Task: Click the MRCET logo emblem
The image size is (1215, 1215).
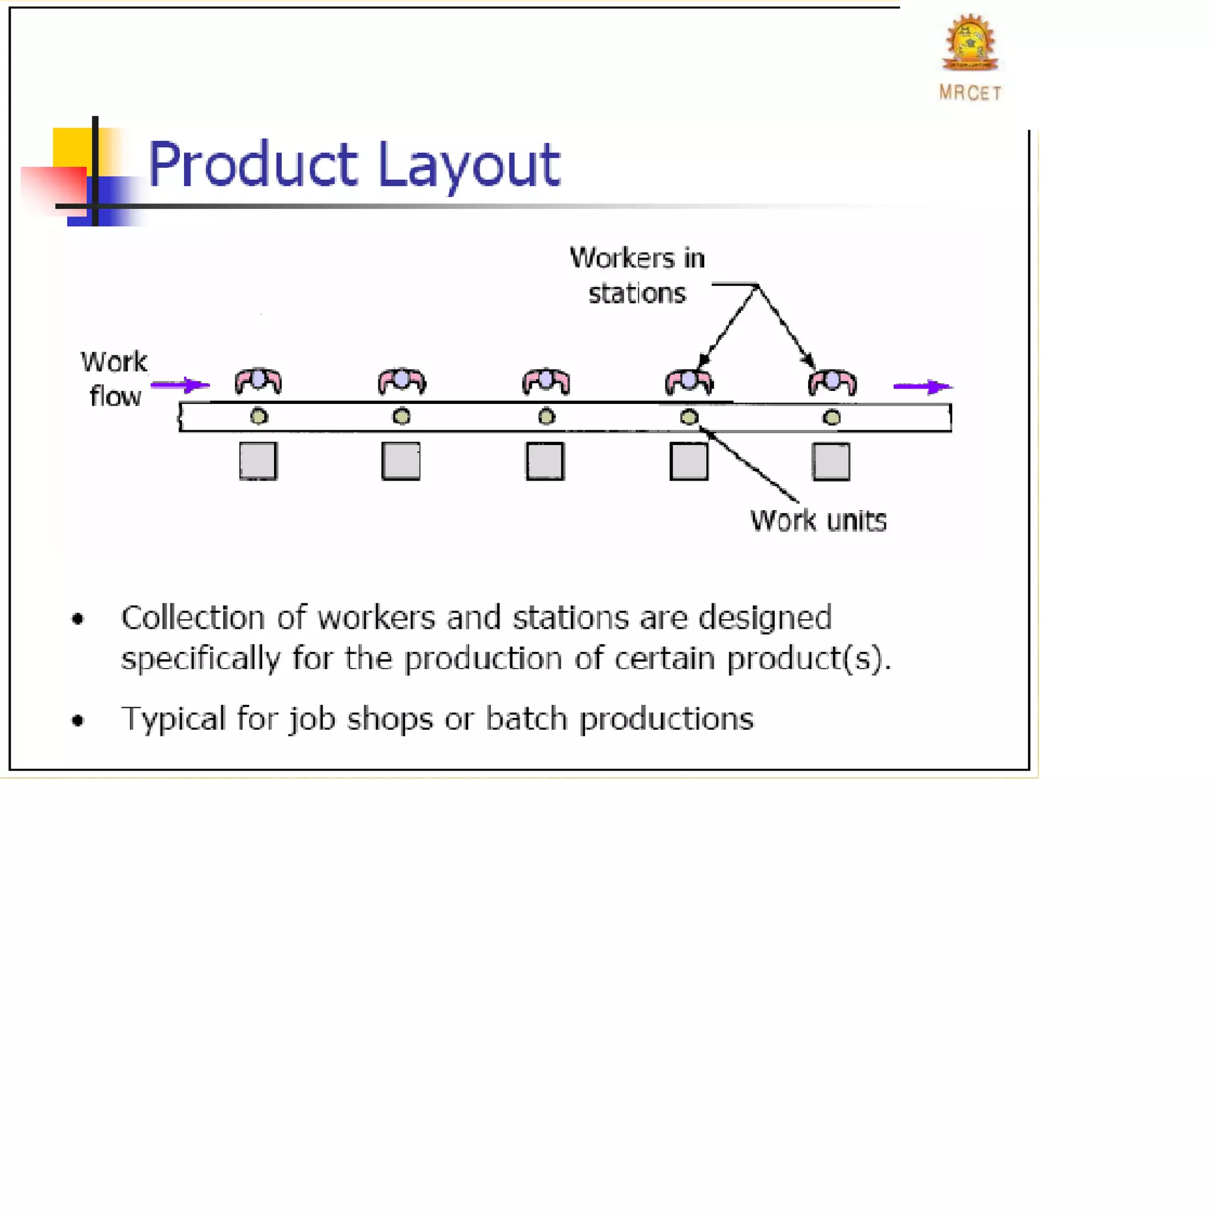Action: click(970, 42)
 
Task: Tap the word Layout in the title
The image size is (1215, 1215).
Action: click(469, 165)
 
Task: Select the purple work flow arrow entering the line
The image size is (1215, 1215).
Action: click(180, 384)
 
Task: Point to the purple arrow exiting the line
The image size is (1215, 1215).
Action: click(923, 386)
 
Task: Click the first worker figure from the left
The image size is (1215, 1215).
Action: click(259, 381)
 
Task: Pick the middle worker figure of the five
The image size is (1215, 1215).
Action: click(546, 381)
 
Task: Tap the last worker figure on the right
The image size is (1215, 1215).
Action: click(832, 381)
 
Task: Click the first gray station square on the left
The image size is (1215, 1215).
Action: click(259, 461)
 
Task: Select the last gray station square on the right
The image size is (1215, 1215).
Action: click(831, 462)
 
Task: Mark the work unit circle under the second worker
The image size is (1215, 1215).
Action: click(402, 416)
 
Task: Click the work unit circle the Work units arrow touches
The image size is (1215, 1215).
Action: click(689, 417)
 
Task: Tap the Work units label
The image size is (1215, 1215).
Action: click(818, 521)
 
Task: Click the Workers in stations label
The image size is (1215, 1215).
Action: click(637, 275)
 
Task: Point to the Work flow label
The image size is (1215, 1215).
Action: click(114, 379)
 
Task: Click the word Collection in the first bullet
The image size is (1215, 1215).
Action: click(192, 618)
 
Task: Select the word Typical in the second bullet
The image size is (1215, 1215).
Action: click(174, 719)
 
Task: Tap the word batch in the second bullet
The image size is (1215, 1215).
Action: click(526, 718)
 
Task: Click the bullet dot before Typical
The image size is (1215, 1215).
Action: click(78, 720)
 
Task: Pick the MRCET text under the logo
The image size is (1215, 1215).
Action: click(970, 93)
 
